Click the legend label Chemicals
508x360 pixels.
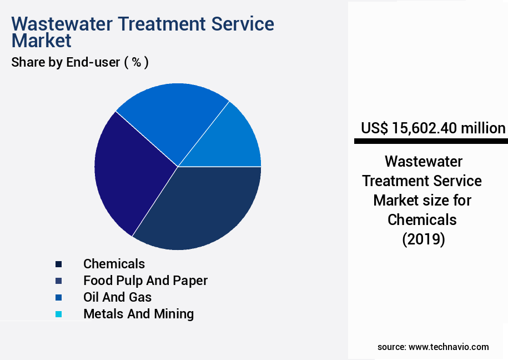point(114,264)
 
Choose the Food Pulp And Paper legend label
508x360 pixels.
point(145,281)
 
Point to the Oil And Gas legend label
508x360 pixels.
point(117,297)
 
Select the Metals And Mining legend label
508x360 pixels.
point(138,314)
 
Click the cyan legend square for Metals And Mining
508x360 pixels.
point(58,314)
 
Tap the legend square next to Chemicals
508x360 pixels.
point(58,264)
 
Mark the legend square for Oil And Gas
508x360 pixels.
point(58,298)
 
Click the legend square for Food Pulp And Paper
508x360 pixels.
point(58,281)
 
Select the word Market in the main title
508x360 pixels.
point(41,41)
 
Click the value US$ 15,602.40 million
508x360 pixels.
point(433,128)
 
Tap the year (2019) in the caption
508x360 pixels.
point(423,239)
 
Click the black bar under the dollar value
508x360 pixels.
point(431,142)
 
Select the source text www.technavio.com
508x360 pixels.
point(449,347)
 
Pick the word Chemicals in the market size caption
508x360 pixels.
point(422,219)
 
